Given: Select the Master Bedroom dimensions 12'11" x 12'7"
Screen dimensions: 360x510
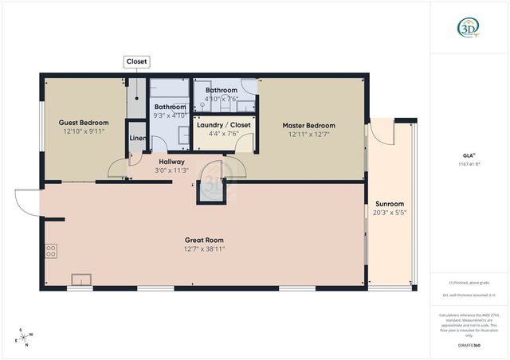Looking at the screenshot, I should click(308, 135).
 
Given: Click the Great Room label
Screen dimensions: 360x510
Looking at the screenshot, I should click(203, 240).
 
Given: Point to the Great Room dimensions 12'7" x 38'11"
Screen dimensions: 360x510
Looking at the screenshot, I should click(203, 248).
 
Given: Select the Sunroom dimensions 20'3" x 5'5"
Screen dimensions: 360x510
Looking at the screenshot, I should click(389, 213).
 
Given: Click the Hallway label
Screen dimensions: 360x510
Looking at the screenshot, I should click(172, 162).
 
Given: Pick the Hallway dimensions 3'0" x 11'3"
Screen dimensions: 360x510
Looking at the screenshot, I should click(172, 170).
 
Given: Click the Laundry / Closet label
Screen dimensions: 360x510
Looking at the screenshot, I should click(224, 125).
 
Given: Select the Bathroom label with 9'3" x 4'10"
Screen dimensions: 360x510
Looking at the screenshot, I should click(170, 107).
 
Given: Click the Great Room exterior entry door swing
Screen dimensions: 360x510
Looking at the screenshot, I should click(25, 203).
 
